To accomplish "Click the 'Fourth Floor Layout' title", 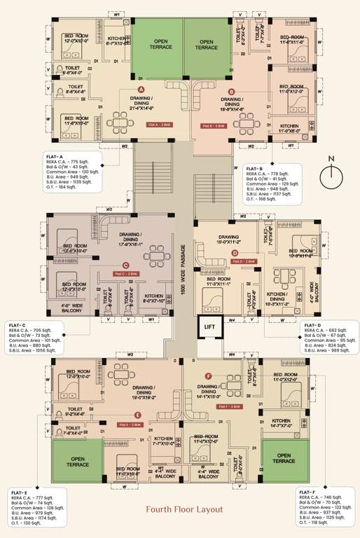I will coord(180,509).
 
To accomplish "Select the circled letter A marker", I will coord(141,90).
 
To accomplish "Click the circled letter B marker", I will coord(232,91).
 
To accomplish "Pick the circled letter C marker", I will coord(125,265).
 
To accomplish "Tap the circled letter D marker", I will coord(235,253).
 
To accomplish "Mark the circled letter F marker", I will coord(208,376).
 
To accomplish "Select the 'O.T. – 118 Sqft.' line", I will coord(317,523).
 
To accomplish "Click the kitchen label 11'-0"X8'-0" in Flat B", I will coord(289,129).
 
